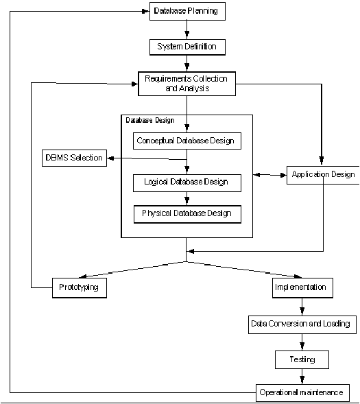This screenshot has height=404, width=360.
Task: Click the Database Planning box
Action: tap(187, 11)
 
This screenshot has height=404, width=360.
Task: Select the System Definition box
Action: tap(187, 47)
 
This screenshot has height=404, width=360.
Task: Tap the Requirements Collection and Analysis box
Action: tap(187, 84)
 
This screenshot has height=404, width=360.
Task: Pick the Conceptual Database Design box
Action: tap(187, 141)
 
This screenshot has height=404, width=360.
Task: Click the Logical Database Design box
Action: tap(187, 183)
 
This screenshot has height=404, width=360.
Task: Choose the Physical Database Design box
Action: tap(187, 214)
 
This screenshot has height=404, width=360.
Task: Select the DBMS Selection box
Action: tap(75, 158)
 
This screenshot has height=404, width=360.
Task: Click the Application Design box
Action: tap(323, 175)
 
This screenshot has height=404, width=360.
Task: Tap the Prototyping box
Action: tap(80, 288)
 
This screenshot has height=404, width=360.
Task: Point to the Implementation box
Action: tap(303, 288)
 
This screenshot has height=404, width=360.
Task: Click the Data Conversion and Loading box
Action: tap(302, 324)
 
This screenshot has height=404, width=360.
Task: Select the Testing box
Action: tap(302, 359)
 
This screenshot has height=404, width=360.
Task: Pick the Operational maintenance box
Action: tap(303, 393)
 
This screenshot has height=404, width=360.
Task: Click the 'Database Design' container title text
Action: tap(150, 120)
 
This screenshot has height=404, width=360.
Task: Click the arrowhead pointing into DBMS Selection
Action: tap(110, 158)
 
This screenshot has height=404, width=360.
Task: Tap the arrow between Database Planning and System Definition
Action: tap(187, 29)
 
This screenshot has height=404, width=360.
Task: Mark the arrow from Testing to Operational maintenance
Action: tap(302, 377)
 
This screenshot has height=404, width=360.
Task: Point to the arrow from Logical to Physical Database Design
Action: tap(187, 198)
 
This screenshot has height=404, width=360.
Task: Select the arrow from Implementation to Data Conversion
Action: tap(302, 307)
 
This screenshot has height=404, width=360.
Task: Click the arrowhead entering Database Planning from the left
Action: tap(146, 11)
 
